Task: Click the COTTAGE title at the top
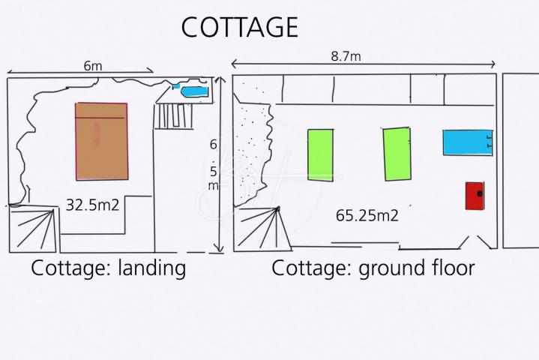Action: coord(240,27)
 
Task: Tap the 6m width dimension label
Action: coord(93,66)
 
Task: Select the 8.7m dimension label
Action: coord(346,56)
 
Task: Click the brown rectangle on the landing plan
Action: coord(101,141)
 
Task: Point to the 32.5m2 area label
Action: coord(92,205)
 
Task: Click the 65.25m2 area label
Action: coord(367,215)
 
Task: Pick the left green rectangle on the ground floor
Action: coord(320,155)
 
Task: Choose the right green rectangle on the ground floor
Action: coord(397,154)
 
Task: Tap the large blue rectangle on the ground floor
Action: coord(468,142)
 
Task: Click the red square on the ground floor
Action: coord(475,196)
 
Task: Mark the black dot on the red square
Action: coord(480,194)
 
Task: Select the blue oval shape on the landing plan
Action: coord(195,91)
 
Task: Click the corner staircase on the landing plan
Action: coord(33,229)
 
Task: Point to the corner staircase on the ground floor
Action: coord(262,228)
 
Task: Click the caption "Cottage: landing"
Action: coord(108,268)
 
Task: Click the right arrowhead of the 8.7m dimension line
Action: coord(493,64)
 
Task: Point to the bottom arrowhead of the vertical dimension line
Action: coord(219,248)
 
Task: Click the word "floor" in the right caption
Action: coord(454,268)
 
